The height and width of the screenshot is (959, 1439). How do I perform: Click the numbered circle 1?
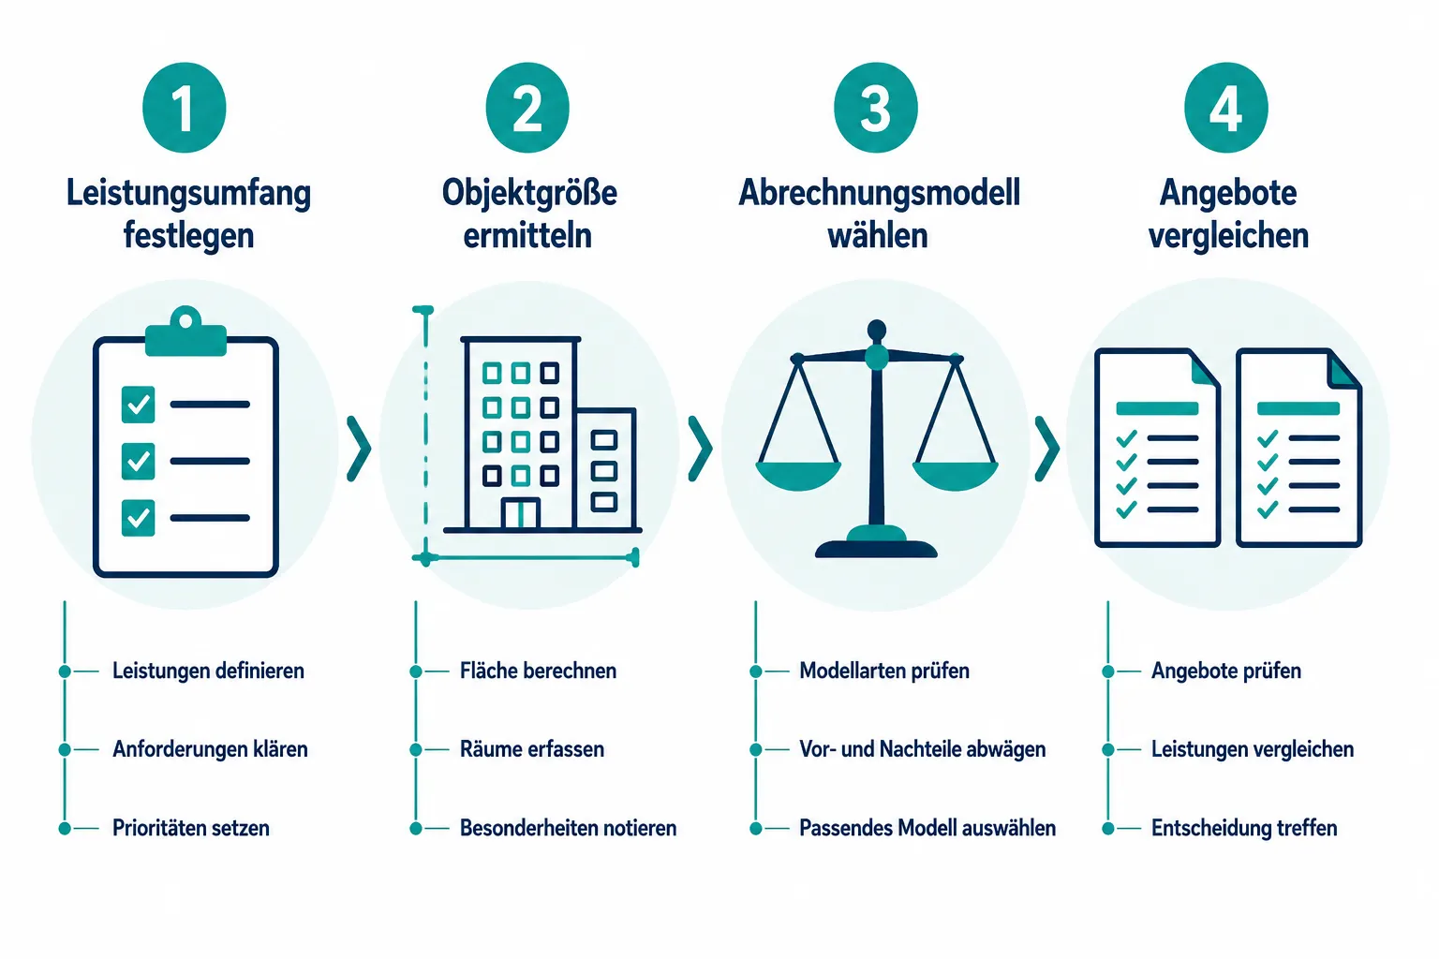click(185, 108)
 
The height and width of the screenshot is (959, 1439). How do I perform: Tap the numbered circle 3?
click(876, 108)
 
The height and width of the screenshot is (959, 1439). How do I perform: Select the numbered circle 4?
click(1225, 108)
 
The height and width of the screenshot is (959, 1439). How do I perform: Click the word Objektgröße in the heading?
click(529, 193)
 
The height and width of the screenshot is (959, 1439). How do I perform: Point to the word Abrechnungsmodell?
click(879, 193)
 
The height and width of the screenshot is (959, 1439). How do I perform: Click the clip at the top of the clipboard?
click(185, 332)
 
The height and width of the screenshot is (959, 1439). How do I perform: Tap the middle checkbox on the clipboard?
click(138, 461)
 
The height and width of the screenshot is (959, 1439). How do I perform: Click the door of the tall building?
click(520, 513)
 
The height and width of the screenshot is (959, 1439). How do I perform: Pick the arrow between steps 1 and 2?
click(359, 449)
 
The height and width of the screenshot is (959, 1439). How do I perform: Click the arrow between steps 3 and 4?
click(1047, 449)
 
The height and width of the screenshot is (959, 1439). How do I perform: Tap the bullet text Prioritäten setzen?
click(191, 828)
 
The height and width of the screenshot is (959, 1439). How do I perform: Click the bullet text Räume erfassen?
click(532, 749)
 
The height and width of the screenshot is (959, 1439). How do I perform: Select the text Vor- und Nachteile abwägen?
click(923, 749)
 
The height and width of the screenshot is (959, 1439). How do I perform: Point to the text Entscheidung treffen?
click(1244, 828)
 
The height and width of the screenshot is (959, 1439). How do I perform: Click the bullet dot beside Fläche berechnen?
click(416, 671)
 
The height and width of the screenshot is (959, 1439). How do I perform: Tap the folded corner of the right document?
click(1343, 370)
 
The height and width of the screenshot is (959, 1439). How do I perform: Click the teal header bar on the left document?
click(1157, 408)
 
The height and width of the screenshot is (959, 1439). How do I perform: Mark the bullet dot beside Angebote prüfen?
click(1108, 671)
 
